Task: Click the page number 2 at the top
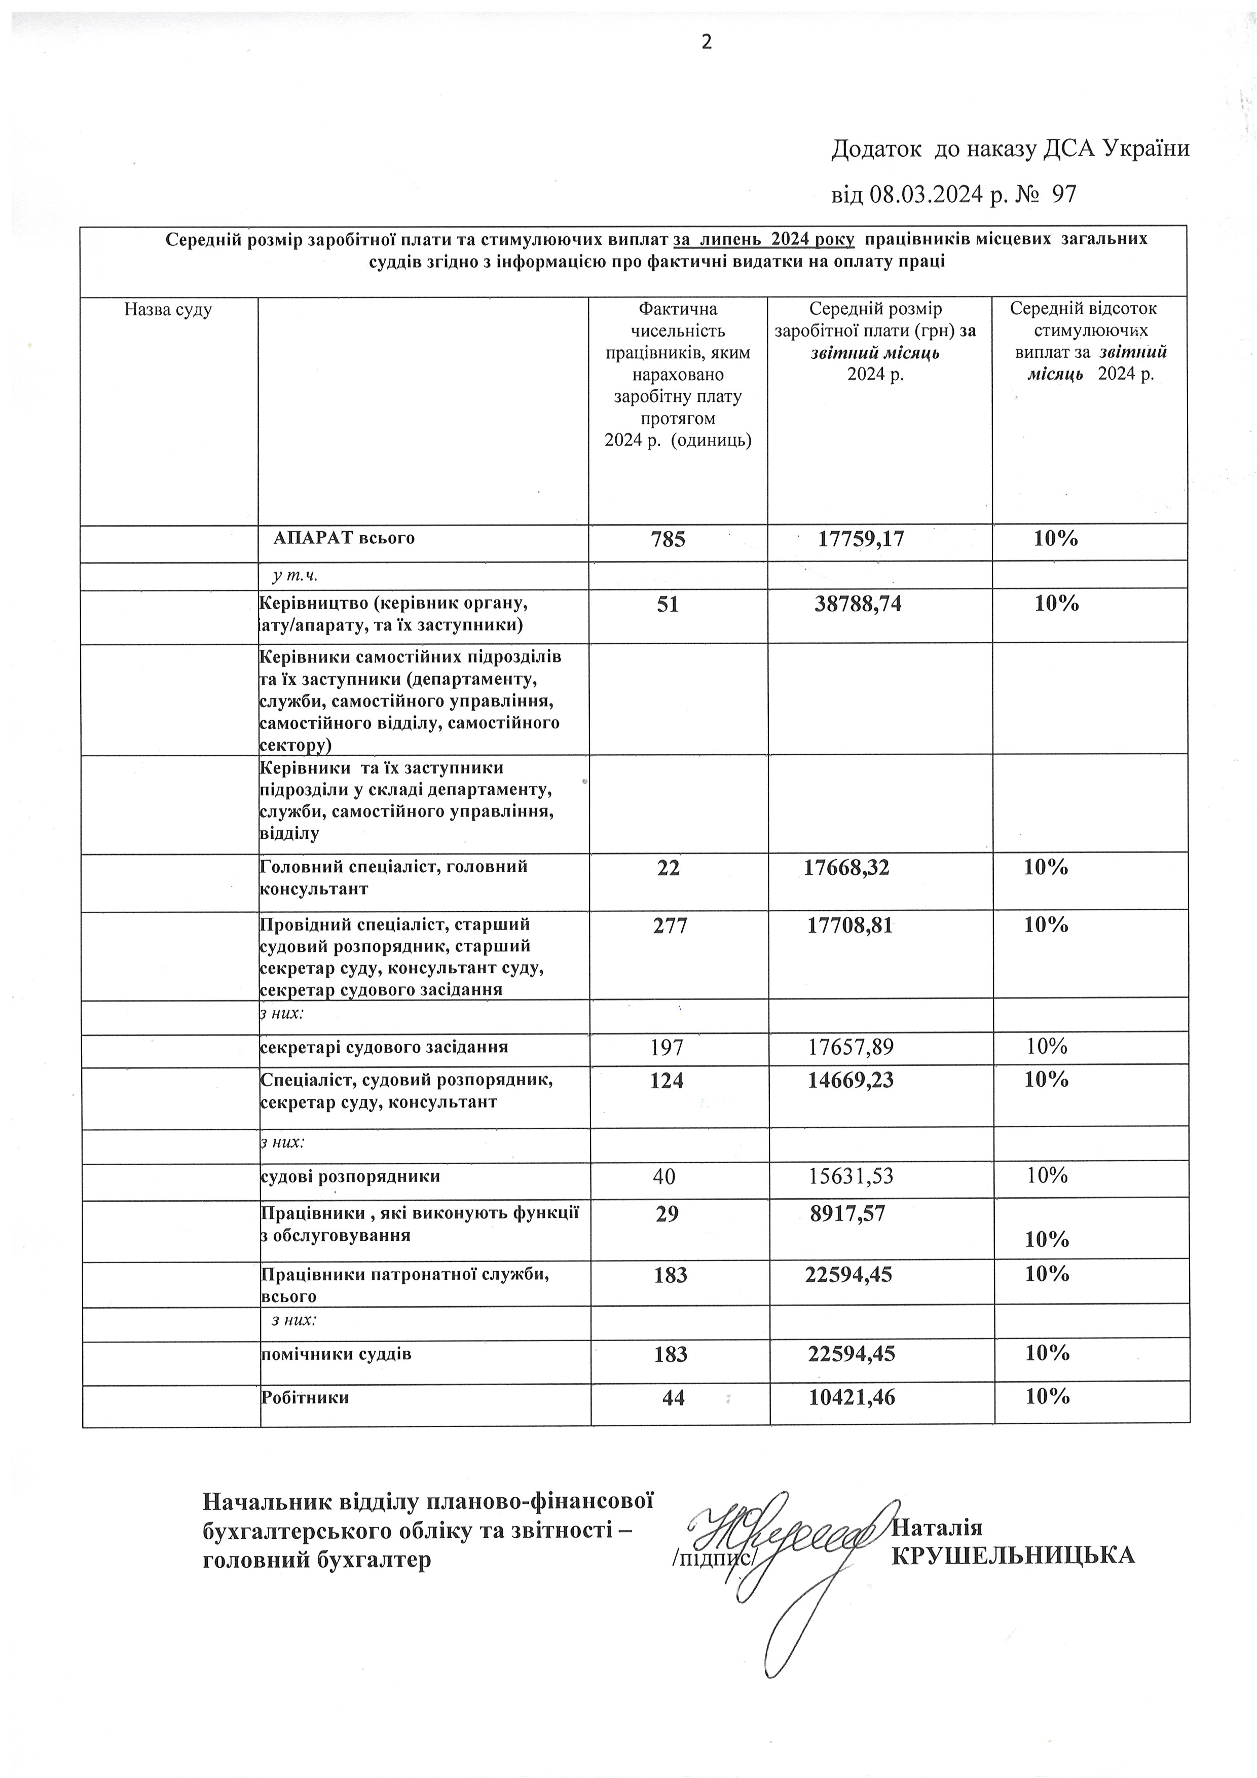point(707,43)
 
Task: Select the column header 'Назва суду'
point(168,311)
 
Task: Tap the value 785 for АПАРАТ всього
point(669,539)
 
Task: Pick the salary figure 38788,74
point(858,604)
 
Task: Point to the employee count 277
point(670,924)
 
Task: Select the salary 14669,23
point(851,1080)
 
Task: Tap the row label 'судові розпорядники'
point(350,1176)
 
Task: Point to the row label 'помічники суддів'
point(336,1354)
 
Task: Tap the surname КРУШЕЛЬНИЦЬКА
point(1013,1555)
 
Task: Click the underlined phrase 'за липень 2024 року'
point(764,239)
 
